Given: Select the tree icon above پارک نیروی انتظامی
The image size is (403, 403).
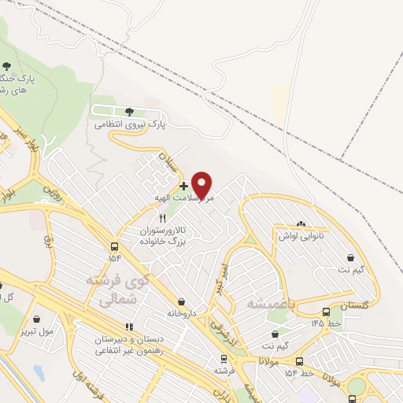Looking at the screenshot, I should coord(129,111).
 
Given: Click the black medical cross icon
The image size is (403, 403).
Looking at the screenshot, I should coord(183,186).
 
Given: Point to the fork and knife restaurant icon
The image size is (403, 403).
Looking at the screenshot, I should coord(162,219).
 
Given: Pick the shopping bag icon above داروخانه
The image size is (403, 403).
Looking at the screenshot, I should coord(183,301).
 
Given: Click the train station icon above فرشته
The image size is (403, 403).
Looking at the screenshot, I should coord(223,357).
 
